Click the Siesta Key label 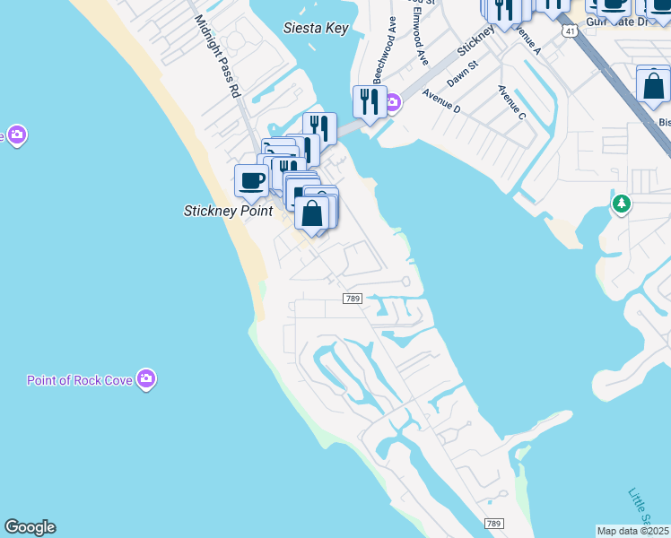[x=315, y=28]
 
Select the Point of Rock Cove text [x=79, y=380]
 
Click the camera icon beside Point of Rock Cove [x=146, y=379]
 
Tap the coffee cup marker [x=251, y=181]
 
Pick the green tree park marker [x=621, y=204]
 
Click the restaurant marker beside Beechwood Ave [x=370, y=103]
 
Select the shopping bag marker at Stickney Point [x=312, y=214]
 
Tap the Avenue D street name [x=441, y=102]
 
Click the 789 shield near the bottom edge [x=493, y=523]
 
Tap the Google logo [x=30, y=527]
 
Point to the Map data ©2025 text [x=633, y=531]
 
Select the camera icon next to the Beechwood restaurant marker [x=393, y=105]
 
